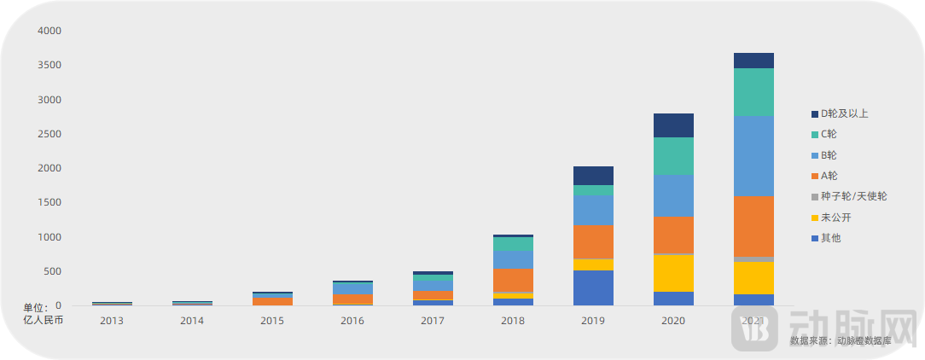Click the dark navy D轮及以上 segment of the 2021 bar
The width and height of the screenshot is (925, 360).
(753, 61)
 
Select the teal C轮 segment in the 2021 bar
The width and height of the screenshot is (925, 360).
(753, 92)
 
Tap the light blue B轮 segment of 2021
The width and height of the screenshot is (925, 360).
(753, 156)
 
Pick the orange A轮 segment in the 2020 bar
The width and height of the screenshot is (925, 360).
(673, 235)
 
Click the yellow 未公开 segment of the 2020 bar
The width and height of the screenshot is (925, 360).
(673, 273)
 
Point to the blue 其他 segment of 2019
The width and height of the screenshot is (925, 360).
(593, 287)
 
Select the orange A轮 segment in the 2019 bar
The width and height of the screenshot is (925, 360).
(593, 241)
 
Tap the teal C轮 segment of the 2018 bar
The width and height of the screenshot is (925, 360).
(513, 244)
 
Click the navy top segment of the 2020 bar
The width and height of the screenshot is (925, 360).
(673, 125)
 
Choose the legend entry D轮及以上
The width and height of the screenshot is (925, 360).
(844, 113)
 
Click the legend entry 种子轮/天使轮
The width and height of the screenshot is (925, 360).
(853, 196)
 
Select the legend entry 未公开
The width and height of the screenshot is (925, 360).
(835, 218)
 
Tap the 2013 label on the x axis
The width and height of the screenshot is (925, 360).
(112, 321)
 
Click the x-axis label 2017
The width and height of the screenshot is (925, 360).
(433, 321)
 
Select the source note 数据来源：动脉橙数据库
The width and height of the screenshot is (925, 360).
(840, 340)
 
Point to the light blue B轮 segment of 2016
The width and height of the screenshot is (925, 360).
(352, 288)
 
